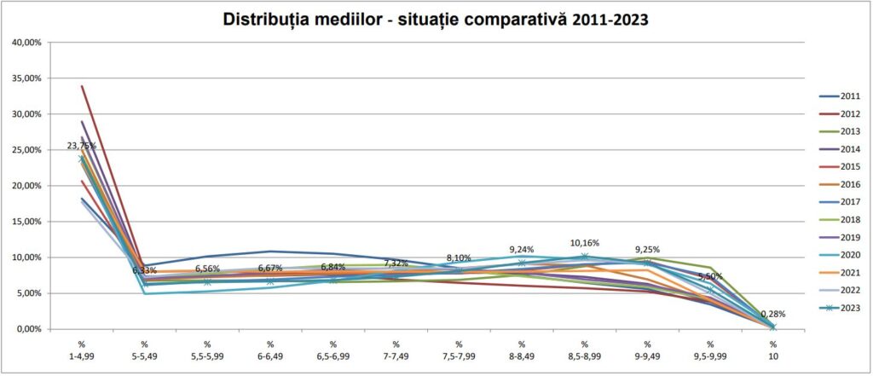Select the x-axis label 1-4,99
tap(82, 356)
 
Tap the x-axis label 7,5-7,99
tap(459, 356)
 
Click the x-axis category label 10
tap(773, 356)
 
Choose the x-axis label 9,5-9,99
tap(710, 356)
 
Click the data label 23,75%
tap(82, 146)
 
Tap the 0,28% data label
tap(773, 314)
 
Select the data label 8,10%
tap(459, 257)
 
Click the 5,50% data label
tap(710, 277)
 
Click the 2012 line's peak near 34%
tap(82, 86)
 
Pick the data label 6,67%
tap(270, 267)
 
